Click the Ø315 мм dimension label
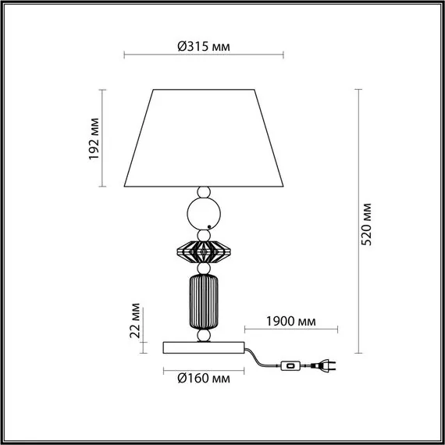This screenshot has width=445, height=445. tap(204, 46)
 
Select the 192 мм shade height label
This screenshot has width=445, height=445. tap(94, 139)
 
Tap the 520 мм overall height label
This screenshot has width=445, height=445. tap(366, 224)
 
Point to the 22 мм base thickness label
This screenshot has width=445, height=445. tap(135, 320)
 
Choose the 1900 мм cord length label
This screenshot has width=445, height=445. tap(291, 322)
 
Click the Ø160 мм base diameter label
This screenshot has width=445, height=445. tap(204, 379)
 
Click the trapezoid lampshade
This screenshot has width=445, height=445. tap(204, 138)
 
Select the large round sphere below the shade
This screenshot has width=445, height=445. tap(204, 214)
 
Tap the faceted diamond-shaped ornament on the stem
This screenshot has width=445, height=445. tap(204, 251)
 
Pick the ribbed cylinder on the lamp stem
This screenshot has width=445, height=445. tap(204, 302)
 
